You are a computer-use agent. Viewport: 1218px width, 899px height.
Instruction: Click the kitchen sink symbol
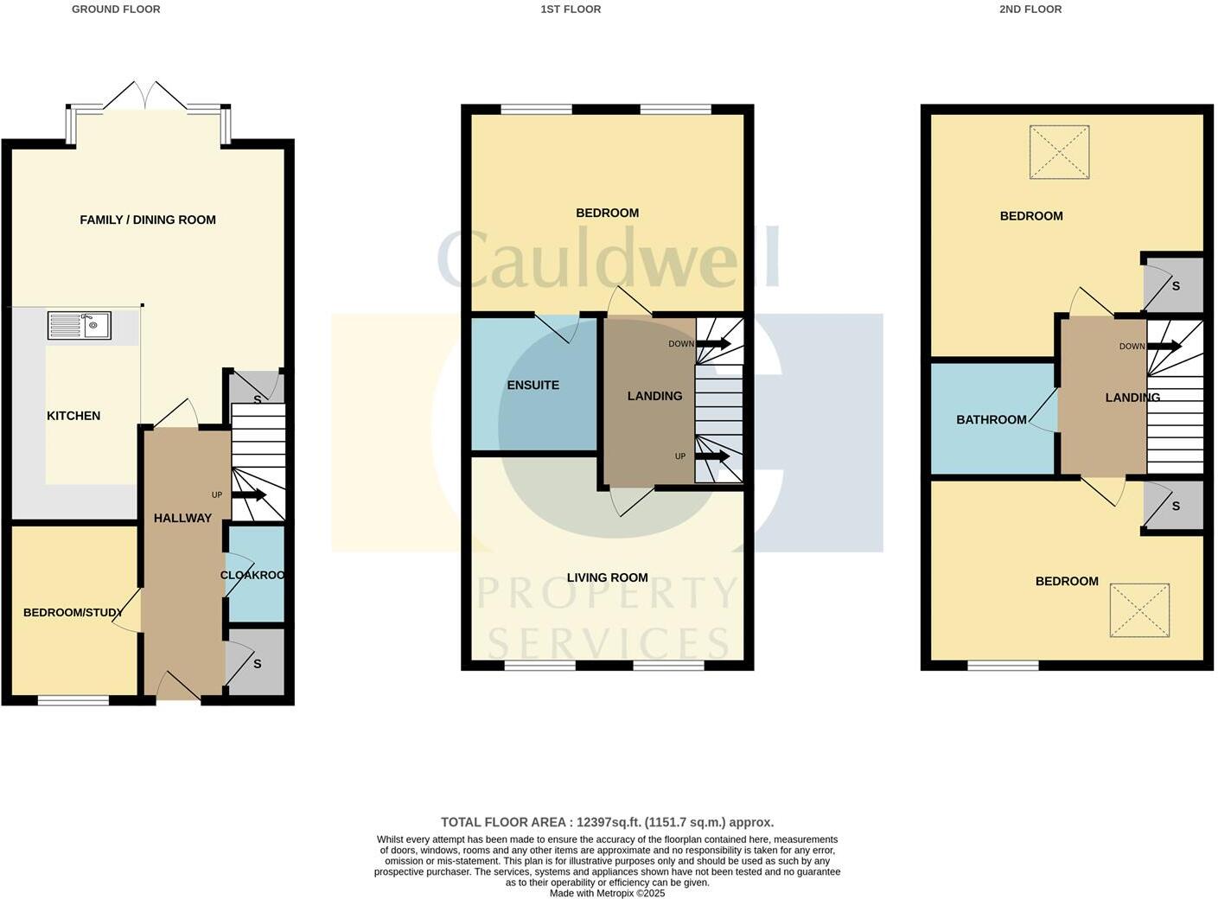79,325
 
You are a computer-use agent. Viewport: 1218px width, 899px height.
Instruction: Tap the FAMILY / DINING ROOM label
148,220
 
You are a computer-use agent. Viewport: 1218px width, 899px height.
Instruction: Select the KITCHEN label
73,416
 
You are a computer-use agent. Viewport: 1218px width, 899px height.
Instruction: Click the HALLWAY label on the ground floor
182,518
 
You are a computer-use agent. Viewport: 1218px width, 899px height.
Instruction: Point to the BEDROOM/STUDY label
73,612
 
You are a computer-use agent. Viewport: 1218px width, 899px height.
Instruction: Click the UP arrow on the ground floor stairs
249,495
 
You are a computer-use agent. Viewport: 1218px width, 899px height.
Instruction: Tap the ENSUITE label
532,385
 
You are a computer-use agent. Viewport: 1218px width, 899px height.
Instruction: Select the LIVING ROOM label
607,577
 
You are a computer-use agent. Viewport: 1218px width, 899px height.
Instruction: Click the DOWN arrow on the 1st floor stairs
714,344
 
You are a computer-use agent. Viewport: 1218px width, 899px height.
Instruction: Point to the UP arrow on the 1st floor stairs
714,456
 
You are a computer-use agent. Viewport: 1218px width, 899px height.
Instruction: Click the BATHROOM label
991,419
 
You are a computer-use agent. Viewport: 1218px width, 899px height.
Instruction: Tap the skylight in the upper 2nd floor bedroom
1059,152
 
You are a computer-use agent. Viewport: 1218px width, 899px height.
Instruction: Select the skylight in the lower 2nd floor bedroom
1139,610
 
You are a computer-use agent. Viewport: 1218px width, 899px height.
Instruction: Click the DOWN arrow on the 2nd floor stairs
1164,346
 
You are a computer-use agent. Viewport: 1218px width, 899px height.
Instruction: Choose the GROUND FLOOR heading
116,10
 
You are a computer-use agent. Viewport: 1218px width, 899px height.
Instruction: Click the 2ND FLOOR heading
1030,10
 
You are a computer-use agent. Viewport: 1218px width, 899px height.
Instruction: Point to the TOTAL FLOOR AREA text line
607,822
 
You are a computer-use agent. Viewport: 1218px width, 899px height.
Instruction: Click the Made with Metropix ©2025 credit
607,893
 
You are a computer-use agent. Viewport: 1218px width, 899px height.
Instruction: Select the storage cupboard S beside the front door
256,663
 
